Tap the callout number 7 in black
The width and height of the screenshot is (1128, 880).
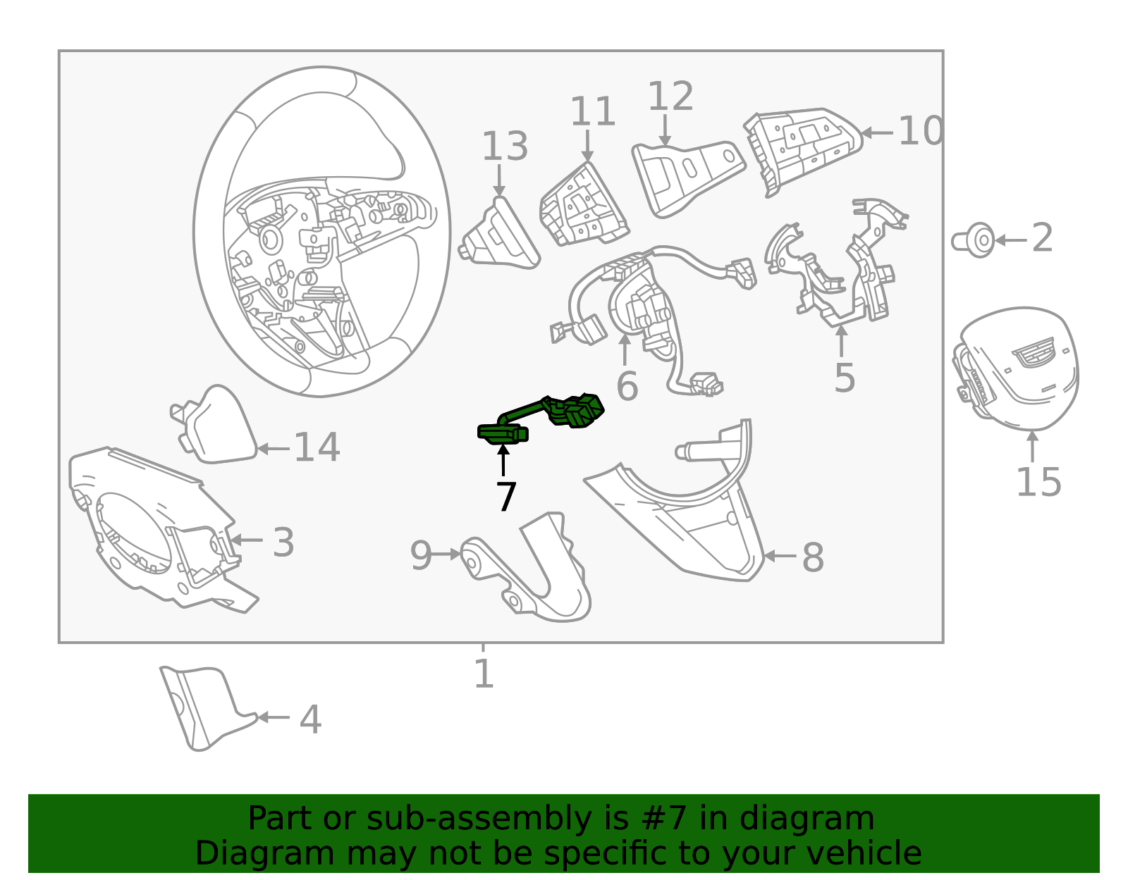[505, 497]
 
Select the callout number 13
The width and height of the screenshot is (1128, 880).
[504, 147]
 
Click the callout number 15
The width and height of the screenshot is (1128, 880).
[1038, 483]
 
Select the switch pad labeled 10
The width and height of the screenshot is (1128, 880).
[800, 148]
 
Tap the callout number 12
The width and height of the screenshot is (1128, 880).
[670, 97]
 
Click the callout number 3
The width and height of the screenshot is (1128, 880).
[283, 543]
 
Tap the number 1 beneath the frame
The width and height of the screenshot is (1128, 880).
[483, 674]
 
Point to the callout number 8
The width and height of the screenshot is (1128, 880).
[812, 557]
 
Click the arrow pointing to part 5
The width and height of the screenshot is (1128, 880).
[841, 342]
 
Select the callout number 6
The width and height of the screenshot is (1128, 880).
[627, 387]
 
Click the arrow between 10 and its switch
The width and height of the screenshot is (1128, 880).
[878, 132]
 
